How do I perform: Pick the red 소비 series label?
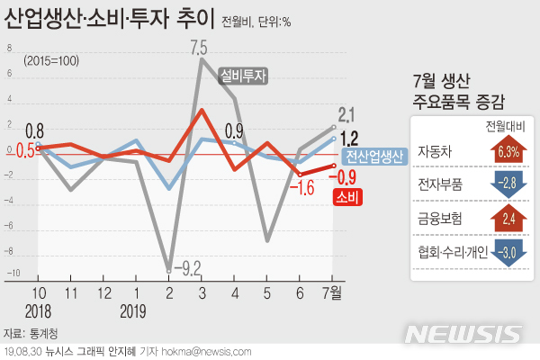point(347,193)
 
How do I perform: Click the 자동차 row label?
point(436,153)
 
